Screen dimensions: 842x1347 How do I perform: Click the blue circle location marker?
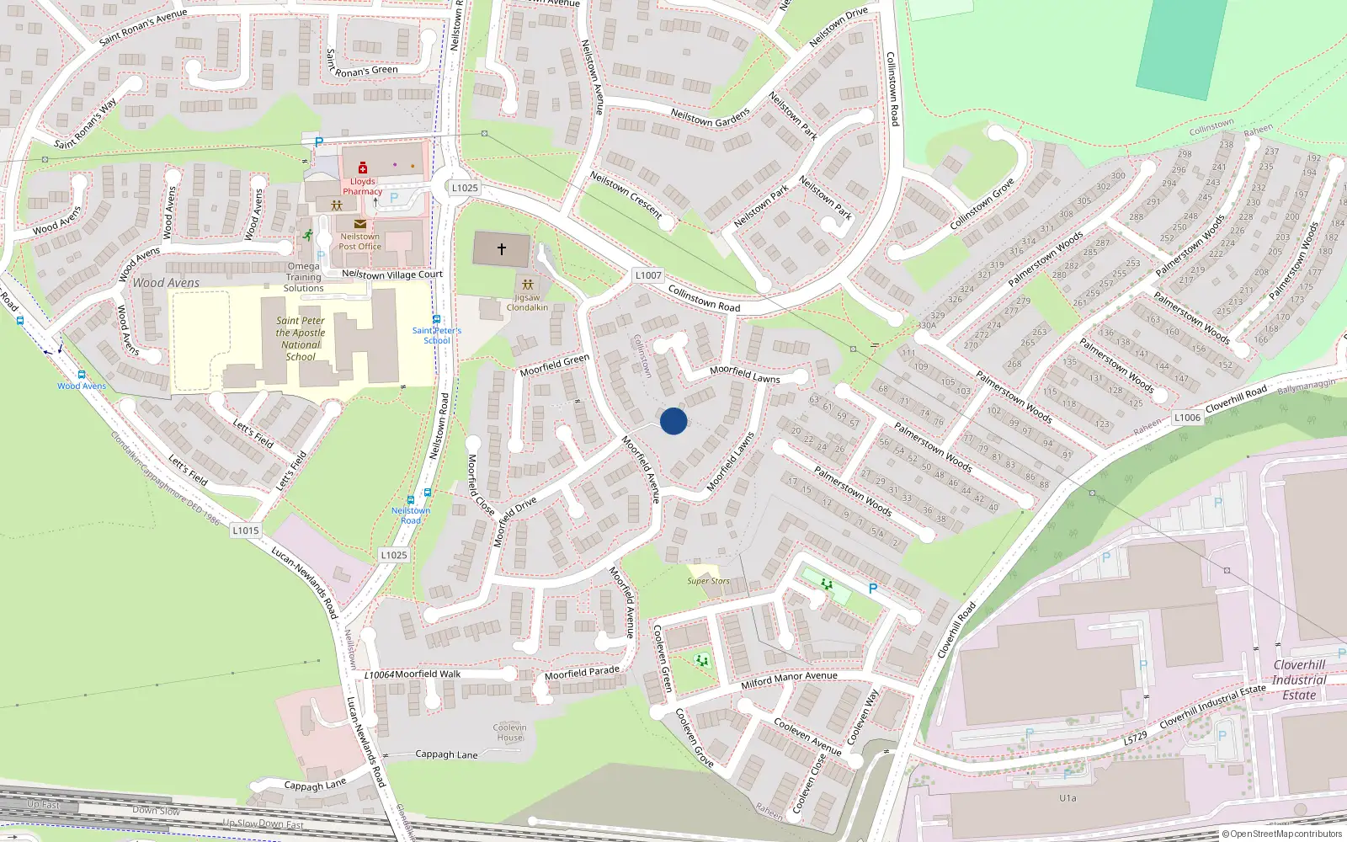point(673,421)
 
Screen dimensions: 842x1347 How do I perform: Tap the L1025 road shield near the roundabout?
point(465,188)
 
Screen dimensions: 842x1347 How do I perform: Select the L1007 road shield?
point(648,275)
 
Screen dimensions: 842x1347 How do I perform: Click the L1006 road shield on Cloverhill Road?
point(1187,418)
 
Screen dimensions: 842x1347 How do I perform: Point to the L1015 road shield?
point(246,530)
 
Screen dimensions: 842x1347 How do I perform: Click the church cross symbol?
point(502,249)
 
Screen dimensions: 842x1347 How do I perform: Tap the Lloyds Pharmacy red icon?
point(363,168)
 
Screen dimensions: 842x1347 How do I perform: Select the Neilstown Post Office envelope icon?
point(359,224)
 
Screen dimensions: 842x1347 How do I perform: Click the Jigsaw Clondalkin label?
point(527,302)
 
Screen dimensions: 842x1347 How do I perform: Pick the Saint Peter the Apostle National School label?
point(301,338)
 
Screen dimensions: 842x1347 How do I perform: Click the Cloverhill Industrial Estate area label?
point(1299,680)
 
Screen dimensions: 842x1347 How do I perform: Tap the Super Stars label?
point(708,581)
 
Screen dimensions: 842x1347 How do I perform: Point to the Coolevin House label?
point(509,733)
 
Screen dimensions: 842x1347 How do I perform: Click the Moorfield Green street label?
point(555,365)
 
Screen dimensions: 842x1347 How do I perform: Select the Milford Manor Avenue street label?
point(789,679)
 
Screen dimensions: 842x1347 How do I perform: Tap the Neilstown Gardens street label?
point(710,118)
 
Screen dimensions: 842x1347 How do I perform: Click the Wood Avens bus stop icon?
point(82,375)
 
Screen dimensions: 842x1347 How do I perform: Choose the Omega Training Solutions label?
point(303,277)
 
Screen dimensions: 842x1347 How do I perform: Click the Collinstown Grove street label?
point(982,204)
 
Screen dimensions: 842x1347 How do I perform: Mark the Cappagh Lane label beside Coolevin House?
point(446,754)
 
